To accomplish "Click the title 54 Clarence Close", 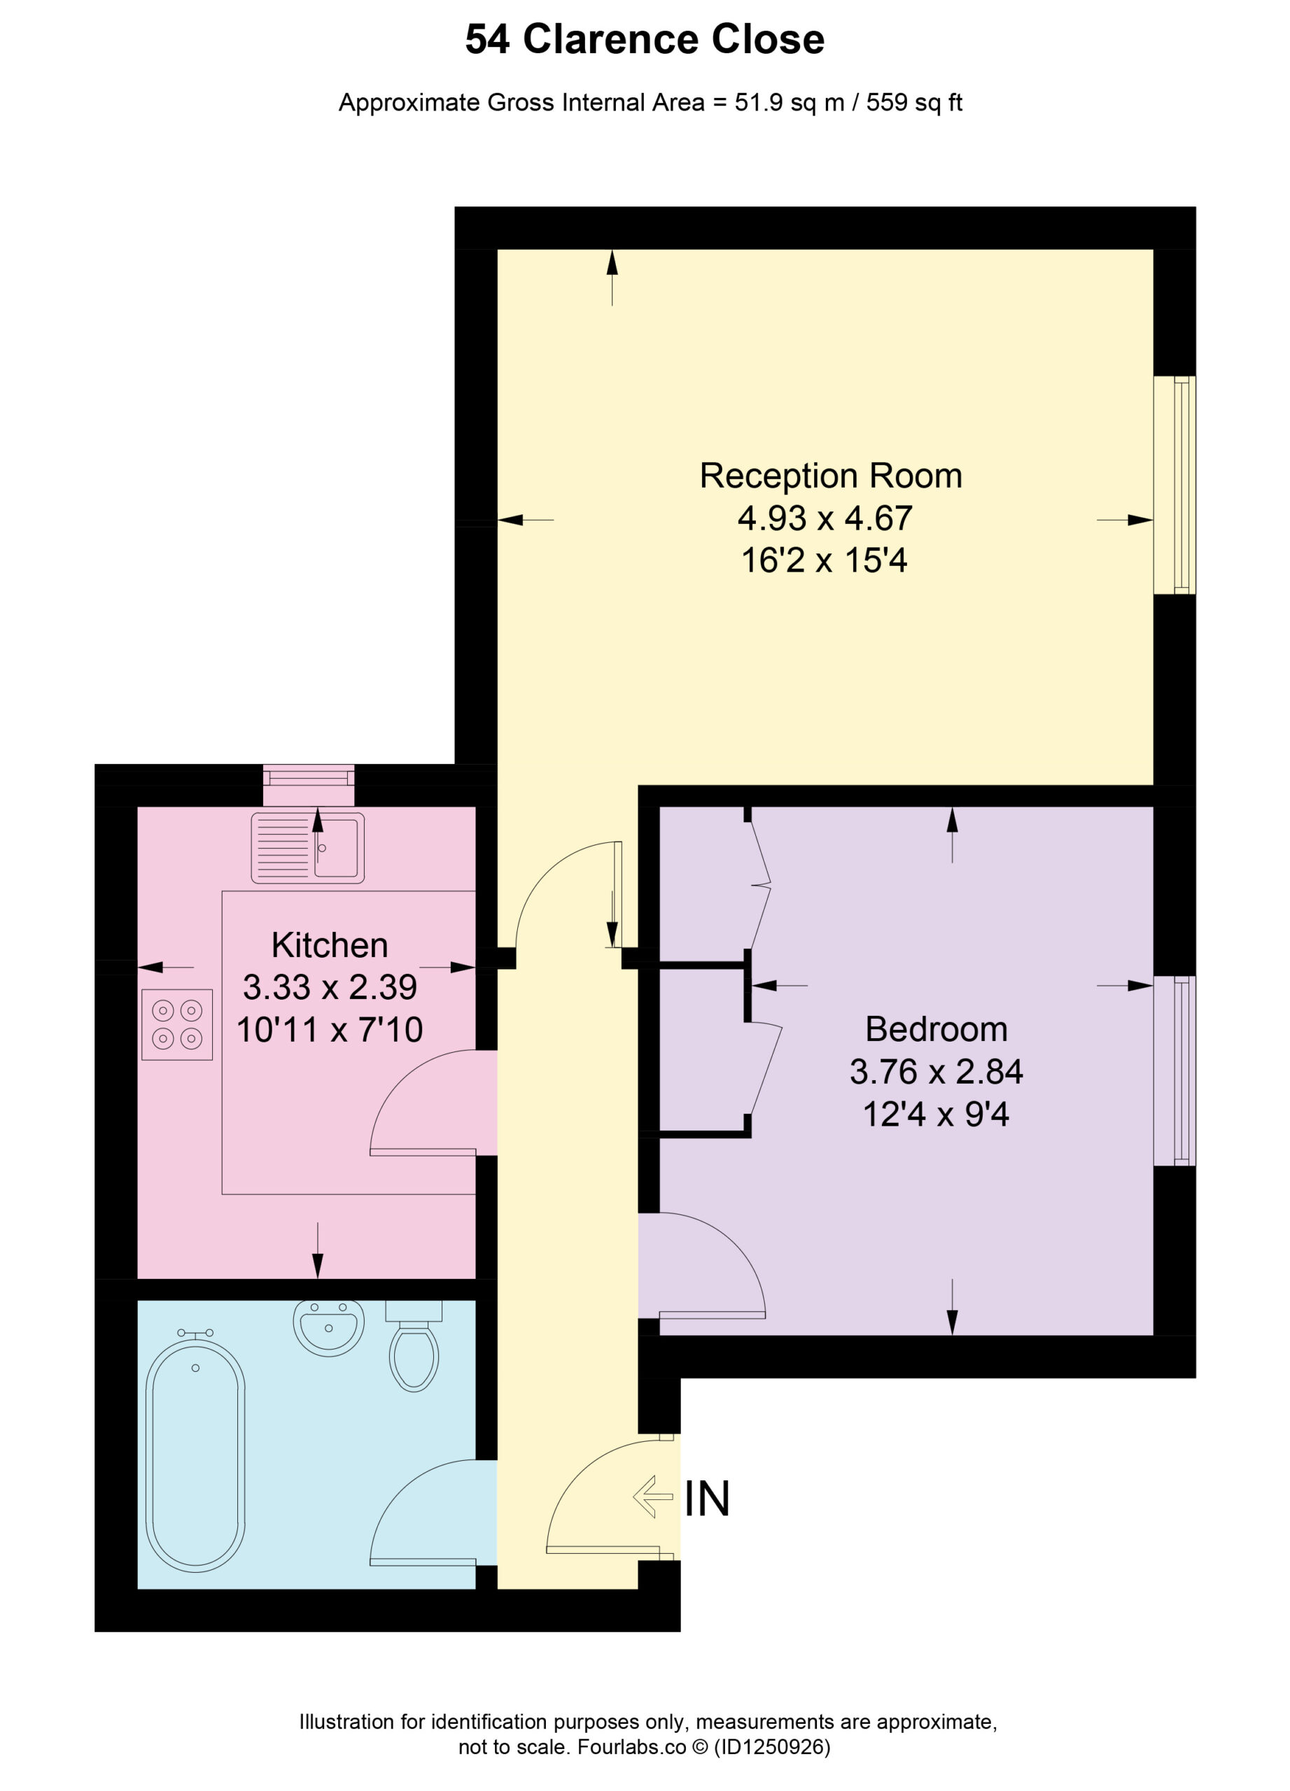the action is click(644, 39).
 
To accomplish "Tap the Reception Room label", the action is click(830, 476).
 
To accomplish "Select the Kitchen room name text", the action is click(330, 945).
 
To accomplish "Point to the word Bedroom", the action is click(936, 1029).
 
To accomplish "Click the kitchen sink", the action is click(307, 847).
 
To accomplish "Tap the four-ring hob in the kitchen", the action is click(177, 1024).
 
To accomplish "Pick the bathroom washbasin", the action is click(328, 1327).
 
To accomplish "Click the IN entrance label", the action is click(706, 1499).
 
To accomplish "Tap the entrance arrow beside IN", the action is click(652, 1496).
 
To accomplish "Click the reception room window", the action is click(1175, 485).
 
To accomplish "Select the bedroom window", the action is click(1175, 1071).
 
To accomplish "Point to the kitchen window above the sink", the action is click(308, 786).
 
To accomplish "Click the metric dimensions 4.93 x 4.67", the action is click(825, 518).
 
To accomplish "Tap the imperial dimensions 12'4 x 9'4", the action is click(935, 1114).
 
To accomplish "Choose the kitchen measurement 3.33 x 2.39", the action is click(330, 987).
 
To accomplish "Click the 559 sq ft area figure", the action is click(914, 103).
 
